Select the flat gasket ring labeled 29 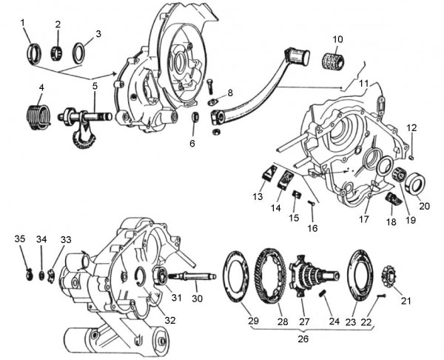click(240, 279)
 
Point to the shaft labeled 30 click(195, 277)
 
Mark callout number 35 click(19, 239)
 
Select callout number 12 click(412, 128)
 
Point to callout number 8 click(229, 93)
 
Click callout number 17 click(363, 219)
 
